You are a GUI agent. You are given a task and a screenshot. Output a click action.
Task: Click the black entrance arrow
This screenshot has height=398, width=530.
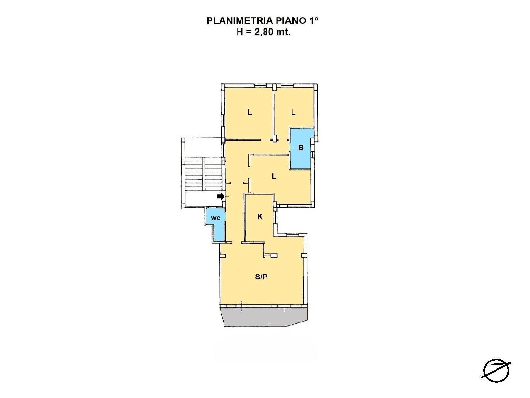[x=221, y=196]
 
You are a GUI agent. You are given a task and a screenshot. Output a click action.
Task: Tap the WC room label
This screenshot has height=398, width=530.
[x=216, y=218]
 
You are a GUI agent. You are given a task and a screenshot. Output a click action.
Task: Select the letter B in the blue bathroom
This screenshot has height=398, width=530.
[x=301, y=148]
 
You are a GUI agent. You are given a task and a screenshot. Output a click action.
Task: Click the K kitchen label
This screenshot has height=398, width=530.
[x=260, y=217]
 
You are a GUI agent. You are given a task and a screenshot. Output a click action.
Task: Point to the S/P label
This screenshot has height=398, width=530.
[x=261, y=277]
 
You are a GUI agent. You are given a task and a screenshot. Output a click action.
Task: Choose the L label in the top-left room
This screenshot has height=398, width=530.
[x=250, y=112]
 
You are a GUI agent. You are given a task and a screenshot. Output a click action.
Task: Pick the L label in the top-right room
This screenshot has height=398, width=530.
[x=293, y=112]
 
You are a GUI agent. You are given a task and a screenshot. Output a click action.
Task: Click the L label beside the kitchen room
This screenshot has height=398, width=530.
[x=274, y=177]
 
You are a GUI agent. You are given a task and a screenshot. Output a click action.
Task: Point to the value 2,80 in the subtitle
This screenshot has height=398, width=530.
[x=263, y=32]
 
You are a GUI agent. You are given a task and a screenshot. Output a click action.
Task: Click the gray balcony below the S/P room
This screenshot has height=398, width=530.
[x=265, y=317]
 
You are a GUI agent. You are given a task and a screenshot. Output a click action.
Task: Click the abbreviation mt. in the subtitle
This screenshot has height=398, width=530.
[x=283, y=32]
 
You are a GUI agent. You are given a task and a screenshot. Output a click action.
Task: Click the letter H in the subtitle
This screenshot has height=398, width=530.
[x=239, y=32]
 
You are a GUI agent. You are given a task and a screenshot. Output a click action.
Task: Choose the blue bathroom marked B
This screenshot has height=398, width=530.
[x=301, y=149]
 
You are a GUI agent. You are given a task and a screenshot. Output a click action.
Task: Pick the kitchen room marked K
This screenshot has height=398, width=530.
[x=259, y=218]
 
